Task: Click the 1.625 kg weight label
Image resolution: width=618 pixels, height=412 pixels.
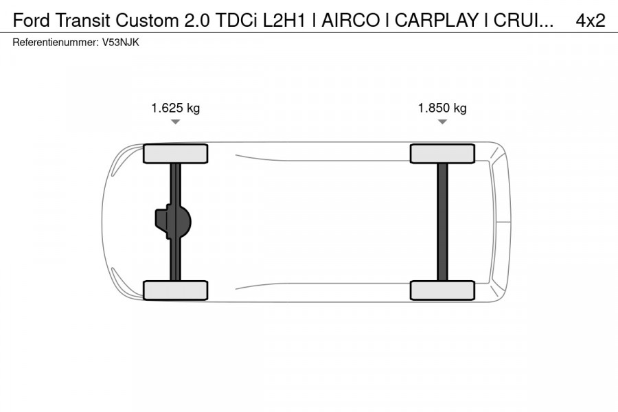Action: pos(176,108)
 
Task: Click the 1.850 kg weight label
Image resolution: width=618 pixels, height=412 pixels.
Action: pos(442,108)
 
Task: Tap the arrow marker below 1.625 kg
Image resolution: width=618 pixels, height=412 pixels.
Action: pos(176,122)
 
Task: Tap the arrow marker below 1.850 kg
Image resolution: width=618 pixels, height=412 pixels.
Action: pos(442,122)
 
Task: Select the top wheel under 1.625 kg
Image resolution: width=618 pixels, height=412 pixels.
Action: pos(176,153)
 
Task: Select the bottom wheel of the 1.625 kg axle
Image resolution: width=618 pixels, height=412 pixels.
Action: pos(176,290)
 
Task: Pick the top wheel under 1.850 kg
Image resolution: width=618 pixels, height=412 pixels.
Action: pos(442,153)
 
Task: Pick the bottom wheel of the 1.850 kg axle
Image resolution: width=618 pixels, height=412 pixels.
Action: pos(442,290)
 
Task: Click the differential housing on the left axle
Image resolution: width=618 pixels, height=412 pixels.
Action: pos(172,222)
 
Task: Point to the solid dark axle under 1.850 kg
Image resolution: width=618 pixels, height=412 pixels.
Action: pos(442,222)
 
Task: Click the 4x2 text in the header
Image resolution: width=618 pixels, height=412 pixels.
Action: pos(590,21)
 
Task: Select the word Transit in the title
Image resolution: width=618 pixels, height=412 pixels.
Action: pos(82,21)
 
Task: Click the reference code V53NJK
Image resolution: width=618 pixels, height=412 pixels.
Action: pos(121,42)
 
